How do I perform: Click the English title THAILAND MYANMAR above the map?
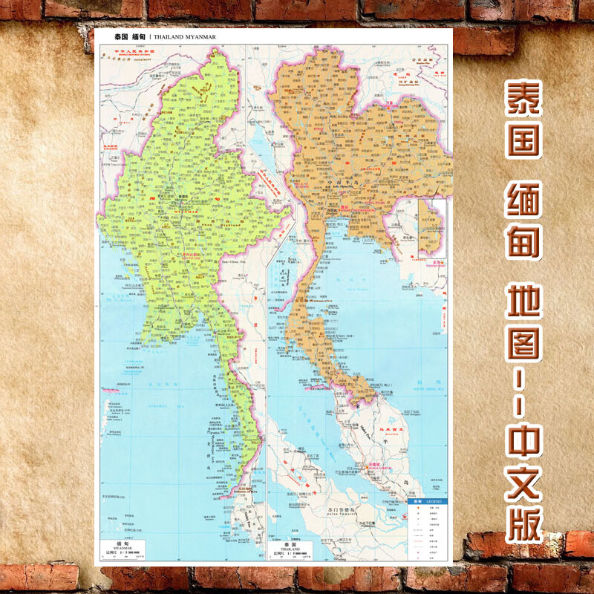click(x=185, y=36)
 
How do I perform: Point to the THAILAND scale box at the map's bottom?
click(x=289, y=550)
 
